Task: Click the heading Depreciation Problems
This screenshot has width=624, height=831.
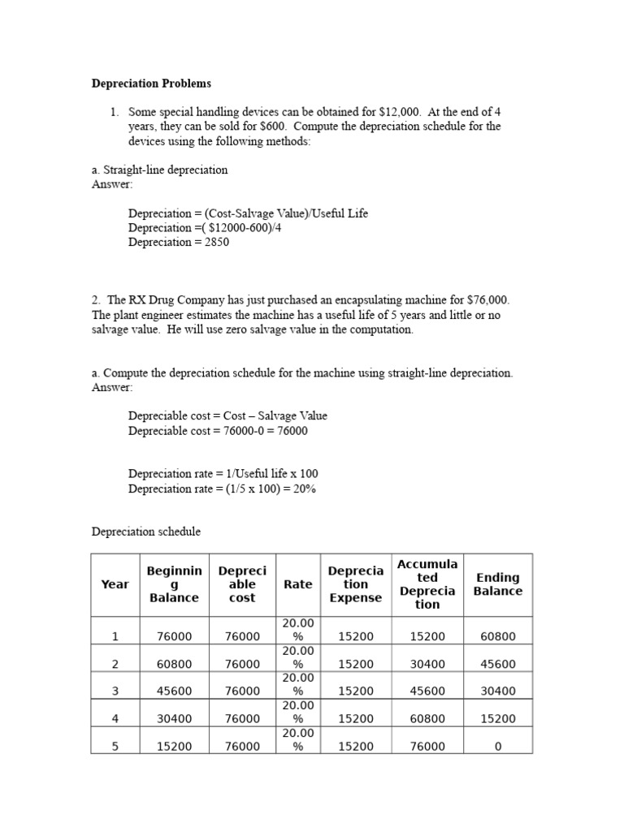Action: click(151, 84)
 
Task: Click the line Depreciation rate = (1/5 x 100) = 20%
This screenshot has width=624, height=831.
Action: click(222, 489)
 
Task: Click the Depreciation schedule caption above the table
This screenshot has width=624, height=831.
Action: click(145, 532)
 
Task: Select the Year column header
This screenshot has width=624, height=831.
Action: click(115, 584)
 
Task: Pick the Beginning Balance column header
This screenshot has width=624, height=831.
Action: click(174, 584)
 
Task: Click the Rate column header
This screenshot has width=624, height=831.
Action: click(297, 584)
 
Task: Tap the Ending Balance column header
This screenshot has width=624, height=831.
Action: click(498, 584)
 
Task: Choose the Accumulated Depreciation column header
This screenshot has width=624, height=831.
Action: click(427, 584)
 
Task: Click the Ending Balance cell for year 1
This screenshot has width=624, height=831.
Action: click(498, 637)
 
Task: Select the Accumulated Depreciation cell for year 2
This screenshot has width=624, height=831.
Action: click(427, 664)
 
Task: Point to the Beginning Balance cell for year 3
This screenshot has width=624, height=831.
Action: click(174, 691)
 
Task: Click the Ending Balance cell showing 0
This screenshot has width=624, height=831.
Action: click(498, 746)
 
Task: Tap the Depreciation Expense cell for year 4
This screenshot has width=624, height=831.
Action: click(355, 718)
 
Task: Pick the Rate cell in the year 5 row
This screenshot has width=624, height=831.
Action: click(297, 739)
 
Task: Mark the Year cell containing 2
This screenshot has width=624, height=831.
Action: click(115, 664)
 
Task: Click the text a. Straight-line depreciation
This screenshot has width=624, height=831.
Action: click(160, 170)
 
